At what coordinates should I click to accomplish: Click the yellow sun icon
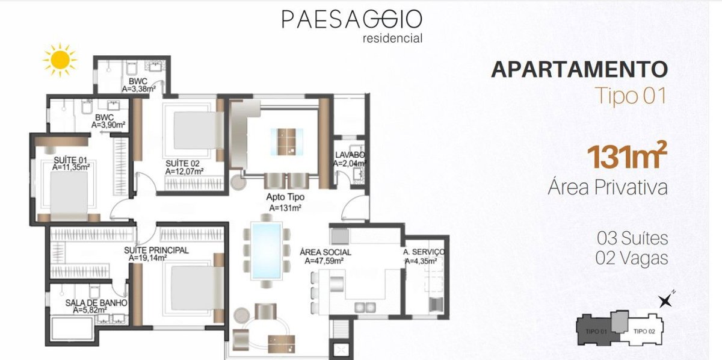60,60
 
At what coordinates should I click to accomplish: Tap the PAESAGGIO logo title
352,19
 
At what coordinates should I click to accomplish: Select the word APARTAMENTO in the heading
579,69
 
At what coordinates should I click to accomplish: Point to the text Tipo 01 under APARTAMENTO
630,96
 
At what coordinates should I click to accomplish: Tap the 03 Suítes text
632,238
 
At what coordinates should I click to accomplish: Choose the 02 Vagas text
632,258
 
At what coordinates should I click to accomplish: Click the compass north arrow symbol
665,300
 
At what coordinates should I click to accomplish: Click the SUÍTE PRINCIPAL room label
156,250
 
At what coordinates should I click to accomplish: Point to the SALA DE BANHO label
96,303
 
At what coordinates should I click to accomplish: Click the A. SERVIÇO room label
424,252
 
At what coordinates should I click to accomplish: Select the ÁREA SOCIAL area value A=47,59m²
324,261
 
